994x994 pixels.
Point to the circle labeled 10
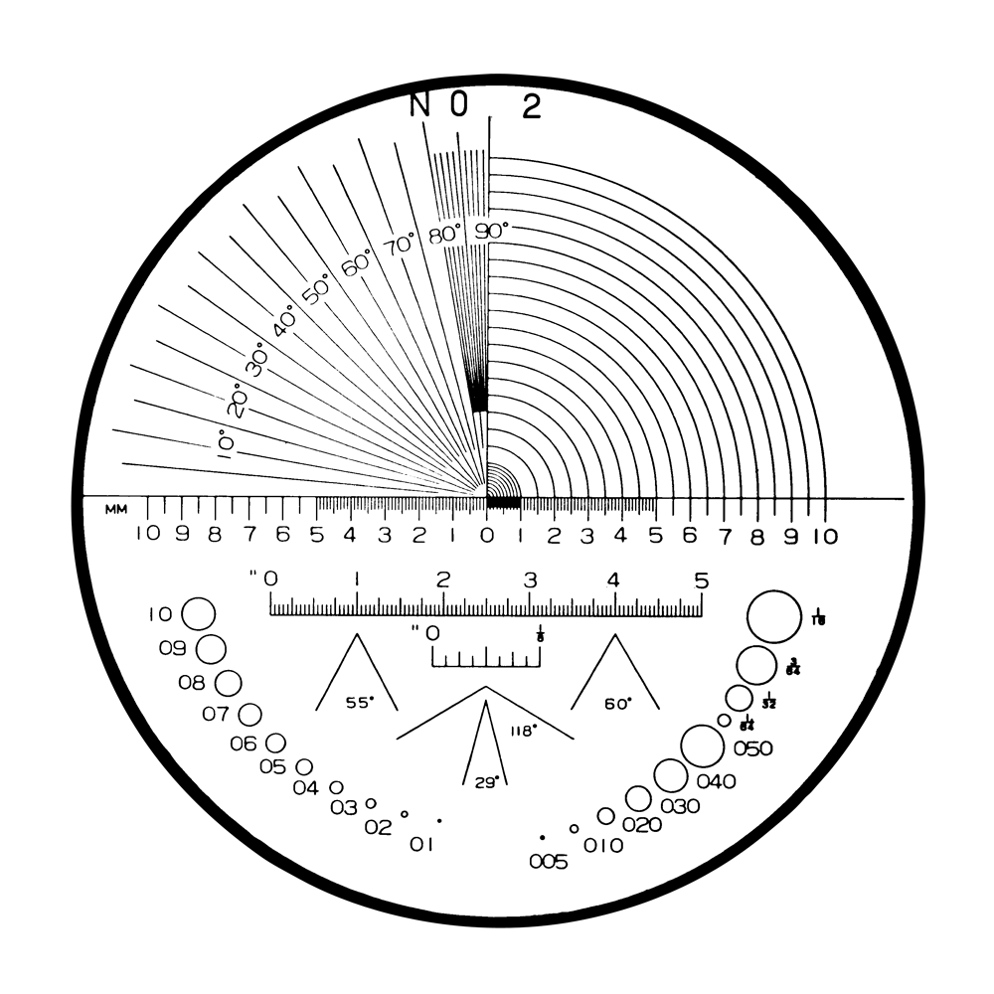[199, 613]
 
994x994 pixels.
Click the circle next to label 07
[249, 714]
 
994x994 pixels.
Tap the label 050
[752, 749]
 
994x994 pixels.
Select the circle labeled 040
[670, 776]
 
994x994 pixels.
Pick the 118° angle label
[523, 729]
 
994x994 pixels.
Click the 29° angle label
[485, 782]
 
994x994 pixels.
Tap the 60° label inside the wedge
[617, 703]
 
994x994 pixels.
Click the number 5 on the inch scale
[702, 580]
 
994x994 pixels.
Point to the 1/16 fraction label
[819, 616]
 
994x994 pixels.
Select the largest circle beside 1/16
[772, 616]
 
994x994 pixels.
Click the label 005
[549, 862]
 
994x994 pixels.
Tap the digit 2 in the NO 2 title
[532, 106]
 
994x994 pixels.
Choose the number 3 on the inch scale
[530, 580]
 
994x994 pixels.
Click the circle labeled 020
[605, 816]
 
